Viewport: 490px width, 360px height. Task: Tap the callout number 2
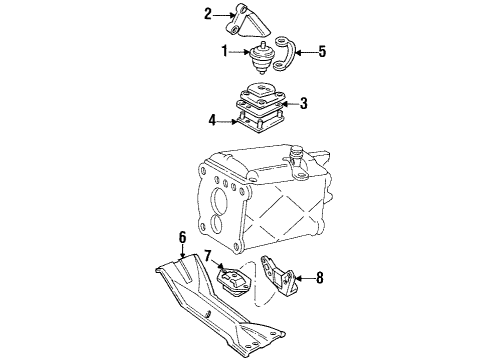pyautogui.click(x=209, y=14)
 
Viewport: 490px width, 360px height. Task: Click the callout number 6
pyautogui.click(x=183, y=239)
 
